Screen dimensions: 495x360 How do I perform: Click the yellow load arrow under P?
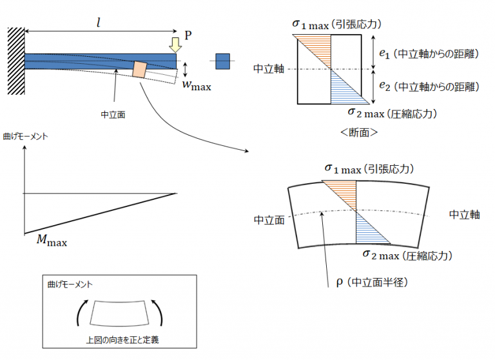coord(175,45)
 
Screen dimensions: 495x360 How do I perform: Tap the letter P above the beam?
coord(188,35)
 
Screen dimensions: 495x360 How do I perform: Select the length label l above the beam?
coord(99,23)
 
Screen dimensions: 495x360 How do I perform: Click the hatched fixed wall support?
coord(16,61)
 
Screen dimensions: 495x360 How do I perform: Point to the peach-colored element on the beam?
coord(139,70)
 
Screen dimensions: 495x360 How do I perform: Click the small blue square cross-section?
coord(222,61)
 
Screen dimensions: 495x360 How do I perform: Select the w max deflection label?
coord(197,86)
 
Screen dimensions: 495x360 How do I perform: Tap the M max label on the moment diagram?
coord(52,240)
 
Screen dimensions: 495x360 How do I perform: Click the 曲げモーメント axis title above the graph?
coord(25,137)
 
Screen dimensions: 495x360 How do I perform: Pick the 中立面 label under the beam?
coord(113,114)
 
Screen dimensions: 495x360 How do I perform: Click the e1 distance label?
coord(429,54)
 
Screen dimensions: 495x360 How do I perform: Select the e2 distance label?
coord(429,86)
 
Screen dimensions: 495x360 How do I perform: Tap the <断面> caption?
coord(359,132)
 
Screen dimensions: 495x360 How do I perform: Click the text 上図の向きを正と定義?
coord(122,340)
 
